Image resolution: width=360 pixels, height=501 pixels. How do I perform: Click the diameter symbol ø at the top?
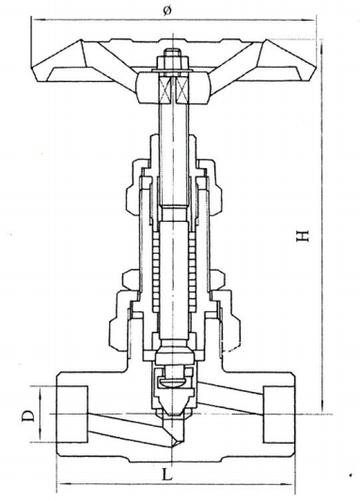pyautogui.click(x=166, y=10)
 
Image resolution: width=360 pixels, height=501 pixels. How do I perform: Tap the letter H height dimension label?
pyautogui.click(x=303, y=236)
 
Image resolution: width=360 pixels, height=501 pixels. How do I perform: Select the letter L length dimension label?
pyautogui.click(x=167, y=474)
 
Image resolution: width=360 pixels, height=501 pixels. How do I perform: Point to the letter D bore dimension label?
pyautogui.click(x=28, y=415)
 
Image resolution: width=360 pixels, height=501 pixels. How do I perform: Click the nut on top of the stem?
pyautogui.click(x=173, y=62)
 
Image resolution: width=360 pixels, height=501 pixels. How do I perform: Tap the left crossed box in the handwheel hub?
pyautogui.click(x=165, y=89)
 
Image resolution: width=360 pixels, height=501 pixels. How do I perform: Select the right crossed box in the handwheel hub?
pyautogui.click(x=182, y=89)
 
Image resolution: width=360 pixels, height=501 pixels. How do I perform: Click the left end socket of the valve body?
pyautogui.click(x=72, y=415)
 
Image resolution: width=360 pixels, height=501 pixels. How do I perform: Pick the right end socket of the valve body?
pyautogui.click(x=278, y=415)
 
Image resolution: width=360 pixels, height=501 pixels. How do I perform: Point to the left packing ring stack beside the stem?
pyautogui.click(x=156, y=272)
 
